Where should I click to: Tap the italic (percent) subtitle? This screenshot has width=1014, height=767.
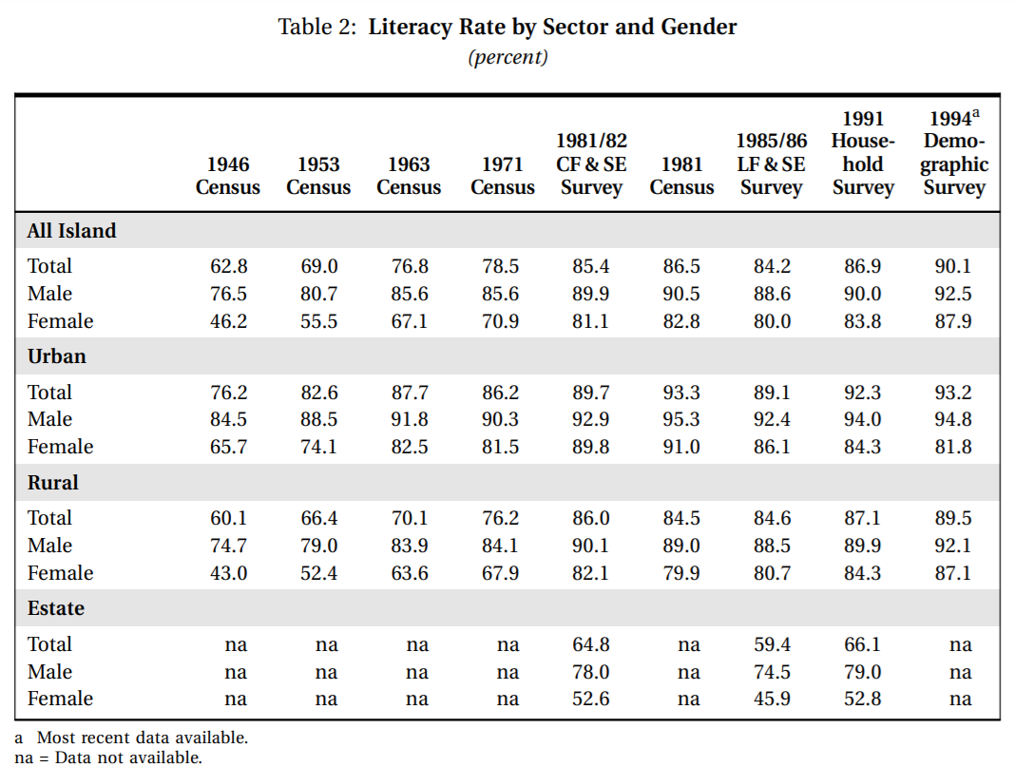pos(507,57)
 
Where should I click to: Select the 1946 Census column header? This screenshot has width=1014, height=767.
pos(228,175)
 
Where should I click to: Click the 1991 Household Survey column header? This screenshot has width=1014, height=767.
pos(863,153)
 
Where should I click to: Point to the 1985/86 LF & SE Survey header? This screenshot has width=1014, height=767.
pos(772,163)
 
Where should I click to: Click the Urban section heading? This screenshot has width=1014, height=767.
pos(57,356)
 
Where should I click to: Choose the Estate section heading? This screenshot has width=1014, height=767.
pos(56,608)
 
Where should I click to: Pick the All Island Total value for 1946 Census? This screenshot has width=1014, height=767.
pos(228,266)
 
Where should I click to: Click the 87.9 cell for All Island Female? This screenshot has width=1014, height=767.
pos(952,320)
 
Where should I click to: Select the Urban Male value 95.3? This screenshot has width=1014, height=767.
pos(681,419)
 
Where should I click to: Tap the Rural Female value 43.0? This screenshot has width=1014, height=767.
pos(228,573)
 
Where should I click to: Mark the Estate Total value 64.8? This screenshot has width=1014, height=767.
pos(590,644)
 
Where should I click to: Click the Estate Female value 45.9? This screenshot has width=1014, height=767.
pos(772,699)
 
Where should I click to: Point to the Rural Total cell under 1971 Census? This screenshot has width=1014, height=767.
pos(500,518)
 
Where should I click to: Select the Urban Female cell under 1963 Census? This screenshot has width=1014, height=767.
pos(410,447)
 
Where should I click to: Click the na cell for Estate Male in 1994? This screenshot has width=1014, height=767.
pos(961,673)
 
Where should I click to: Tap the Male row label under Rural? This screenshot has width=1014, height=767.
pos(49,546)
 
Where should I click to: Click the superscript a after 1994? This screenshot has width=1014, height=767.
pos(976,114)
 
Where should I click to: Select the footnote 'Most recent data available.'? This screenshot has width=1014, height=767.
pos(143,738)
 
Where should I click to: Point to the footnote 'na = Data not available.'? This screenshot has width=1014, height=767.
pos(108,757)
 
